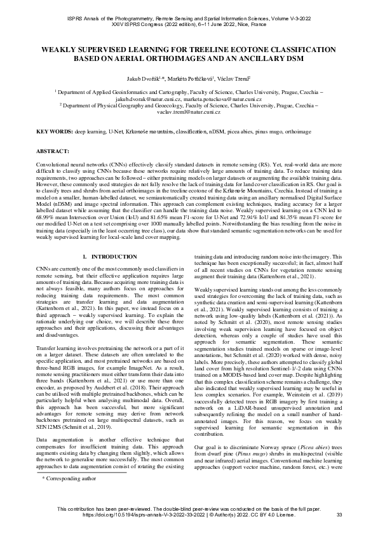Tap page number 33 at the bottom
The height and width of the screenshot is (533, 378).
tap(339, 515)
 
